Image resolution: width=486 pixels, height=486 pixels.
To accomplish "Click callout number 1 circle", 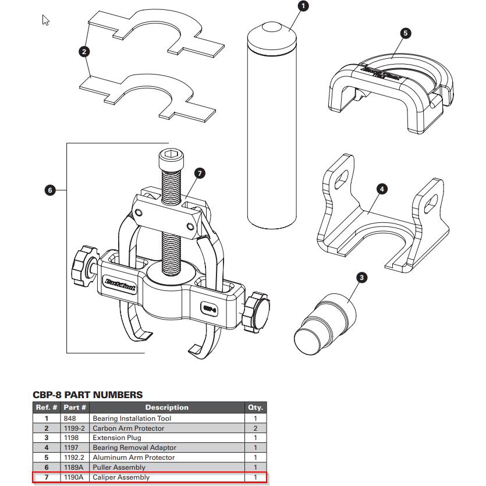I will pos(303,6).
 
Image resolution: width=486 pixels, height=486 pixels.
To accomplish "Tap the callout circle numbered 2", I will pos(85,52).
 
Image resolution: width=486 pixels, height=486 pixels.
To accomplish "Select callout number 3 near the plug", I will pos(361,278).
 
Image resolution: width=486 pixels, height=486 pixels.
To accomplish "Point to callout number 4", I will pos(381,189).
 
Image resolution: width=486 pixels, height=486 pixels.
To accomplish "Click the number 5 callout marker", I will pos(406,33).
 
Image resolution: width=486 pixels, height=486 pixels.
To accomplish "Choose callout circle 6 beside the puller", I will pos(50,190).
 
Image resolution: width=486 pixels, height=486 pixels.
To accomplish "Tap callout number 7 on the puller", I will pos(199,173).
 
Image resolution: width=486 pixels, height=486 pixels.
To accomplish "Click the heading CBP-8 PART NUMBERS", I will pos(87,395).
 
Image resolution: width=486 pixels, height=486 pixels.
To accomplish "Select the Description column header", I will pos(166,407).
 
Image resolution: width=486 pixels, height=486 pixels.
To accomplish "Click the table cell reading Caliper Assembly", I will pos(121,477).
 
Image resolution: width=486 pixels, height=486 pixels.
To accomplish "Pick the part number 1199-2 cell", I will pos(75,428).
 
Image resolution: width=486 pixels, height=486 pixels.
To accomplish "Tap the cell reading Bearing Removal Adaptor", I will pos(134,448).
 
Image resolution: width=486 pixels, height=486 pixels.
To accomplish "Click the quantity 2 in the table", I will pos(255,428).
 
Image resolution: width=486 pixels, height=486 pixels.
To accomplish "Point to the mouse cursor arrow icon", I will pos(46,20).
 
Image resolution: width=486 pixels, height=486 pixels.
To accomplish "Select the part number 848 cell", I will pos(69,418).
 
